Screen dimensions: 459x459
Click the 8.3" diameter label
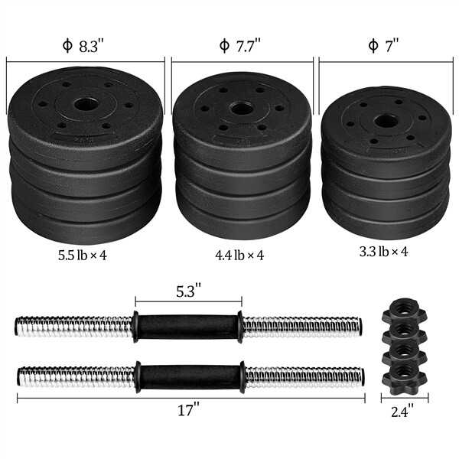pos(85,45)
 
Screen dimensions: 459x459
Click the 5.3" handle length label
pos(188,291)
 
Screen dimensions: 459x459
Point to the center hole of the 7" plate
pos(386,121)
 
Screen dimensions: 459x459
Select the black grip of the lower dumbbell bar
pos(188,376)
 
